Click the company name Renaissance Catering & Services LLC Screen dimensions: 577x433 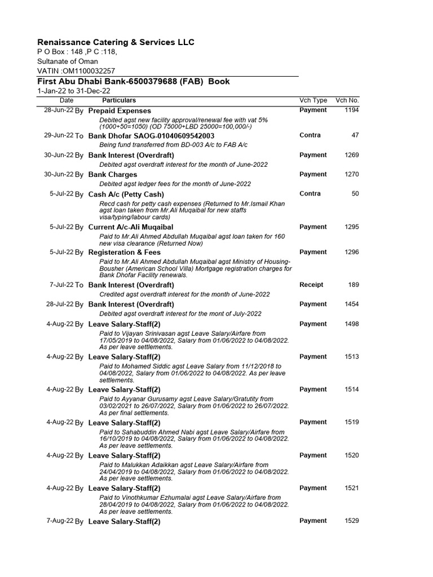[116, 42]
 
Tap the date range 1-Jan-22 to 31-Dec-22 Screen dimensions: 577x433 [74, 91]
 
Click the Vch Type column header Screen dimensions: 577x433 [313, 100]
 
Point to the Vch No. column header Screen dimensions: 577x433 [347, 100]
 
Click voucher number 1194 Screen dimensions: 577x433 [352, 110]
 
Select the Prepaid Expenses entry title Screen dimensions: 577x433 [120, 111]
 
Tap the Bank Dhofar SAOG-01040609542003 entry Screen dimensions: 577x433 [151, 136]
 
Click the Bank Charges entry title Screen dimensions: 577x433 [113, 175]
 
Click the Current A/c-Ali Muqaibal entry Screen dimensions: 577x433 [131, 227]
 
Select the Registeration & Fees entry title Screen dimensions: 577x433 [125, 252]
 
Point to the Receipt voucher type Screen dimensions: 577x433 [311, 285]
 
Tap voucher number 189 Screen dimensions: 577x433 [354, 285]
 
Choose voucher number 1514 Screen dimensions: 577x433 [352, 389]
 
